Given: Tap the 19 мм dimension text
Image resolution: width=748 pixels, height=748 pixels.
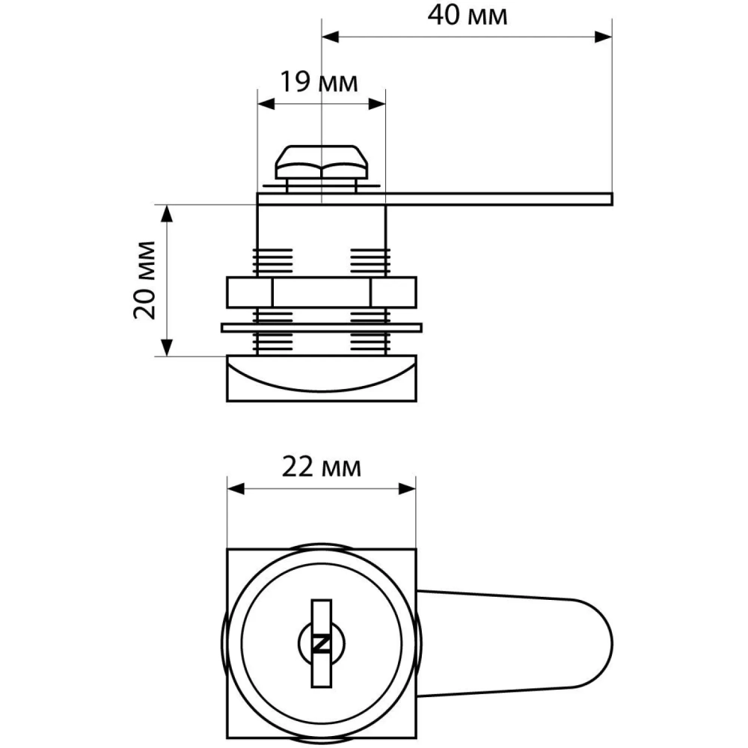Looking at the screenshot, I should click(319, 82).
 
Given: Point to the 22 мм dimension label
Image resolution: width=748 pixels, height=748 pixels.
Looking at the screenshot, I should click(322, 467).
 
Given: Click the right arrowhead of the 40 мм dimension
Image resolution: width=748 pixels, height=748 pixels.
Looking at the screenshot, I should click(604, 37).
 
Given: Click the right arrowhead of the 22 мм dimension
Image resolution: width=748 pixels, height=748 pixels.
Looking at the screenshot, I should click(408, 488).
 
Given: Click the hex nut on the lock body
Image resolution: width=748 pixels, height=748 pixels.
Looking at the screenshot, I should click(322, 292).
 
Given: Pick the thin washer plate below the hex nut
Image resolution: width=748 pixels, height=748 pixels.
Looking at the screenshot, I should click(322, 327).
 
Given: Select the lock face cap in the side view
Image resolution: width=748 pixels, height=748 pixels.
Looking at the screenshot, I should click(322, 379).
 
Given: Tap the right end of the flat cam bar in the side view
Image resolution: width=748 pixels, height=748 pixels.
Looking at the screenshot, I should click(607, 198).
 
